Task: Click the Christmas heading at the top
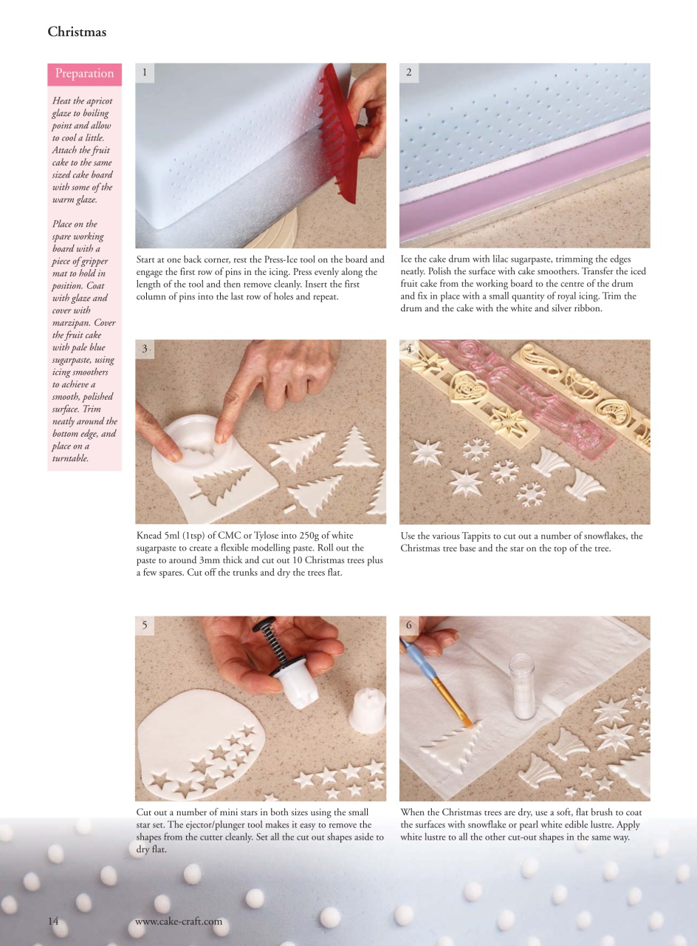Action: coord(77,32)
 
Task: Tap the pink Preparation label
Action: coord(84,73)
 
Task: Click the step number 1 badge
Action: coord(145,72)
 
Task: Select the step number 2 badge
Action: coord(409,72)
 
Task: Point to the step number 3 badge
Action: coord(145,349)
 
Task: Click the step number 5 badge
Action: coord(145,625)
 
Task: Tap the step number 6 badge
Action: coord(409,625)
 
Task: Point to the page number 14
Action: coord(53,921)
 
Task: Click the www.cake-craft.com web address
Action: coord(179,922)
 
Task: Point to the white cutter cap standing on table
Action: coord(367,709)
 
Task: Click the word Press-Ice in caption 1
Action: coord(305,259)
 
